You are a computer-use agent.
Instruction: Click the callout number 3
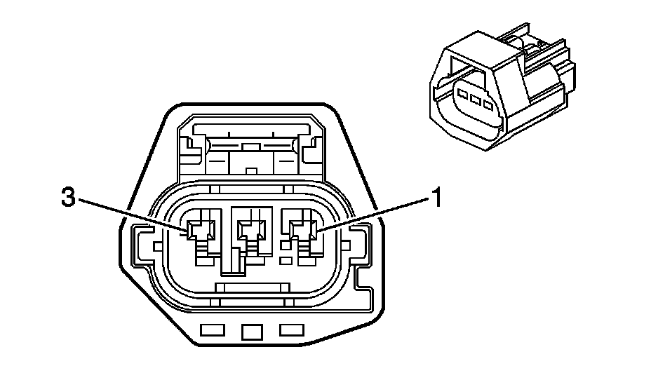click(x=67, y=198)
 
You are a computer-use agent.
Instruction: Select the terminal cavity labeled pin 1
click(x=303, y=229)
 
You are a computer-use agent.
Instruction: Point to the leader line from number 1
click(x=372, y=213)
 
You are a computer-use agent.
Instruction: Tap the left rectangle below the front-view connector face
click(x=210, y=330)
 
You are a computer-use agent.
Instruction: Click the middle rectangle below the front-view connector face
click(x=250, y=331)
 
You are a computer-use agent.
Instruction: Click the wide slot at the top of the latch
click(x=251, y=128)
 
